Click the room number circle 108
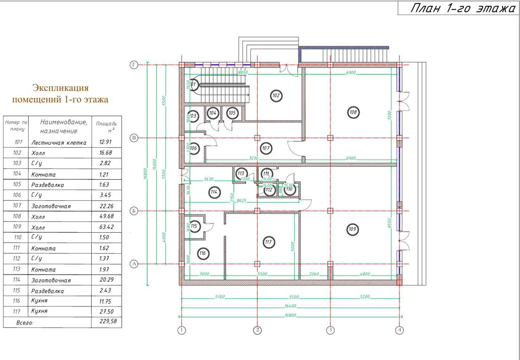pyautogui.click(x=353, y=112)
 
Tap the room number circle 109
pyautogui.click(x=352, y=229)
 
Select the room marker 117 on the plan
pyautogui.click(x=268, y=242)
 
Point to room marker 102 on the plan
pyautogui.click(x=276, y=95)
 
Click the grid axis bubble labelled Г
pyautogui.click(x=134, y=65)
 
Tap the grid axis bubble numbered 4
pyautogui.click(x=399, y=330)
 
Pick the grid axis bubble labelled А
pyautogui.click(x=134, y=264)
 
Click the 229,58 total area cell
pyautogui.click(x=108, y=321)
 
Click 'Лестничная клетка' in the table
pyautogui.click(x=59, y=143)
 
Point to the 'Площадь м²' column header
pyautogui.click(x=106, y=127)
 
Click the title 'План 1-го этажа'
pyautogui.click(x=462, y=9)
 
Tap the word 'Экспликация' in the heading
pyautogui.click(x=60, y=88)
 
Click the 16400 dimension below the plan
pyautogui.click(x=290, y=306)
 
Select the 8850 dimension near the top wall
pyautogui.click(x=243, y=73)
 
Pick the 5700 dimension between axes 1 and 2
pyautogui.click(x=220, y=297)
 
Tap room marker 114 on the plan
pyautogui.click(x=214, y=192)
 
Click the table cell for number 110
pyautogui.click(x=17, y=237)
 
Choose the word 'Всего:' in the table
pyautogui.click(x=25, y=323)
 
